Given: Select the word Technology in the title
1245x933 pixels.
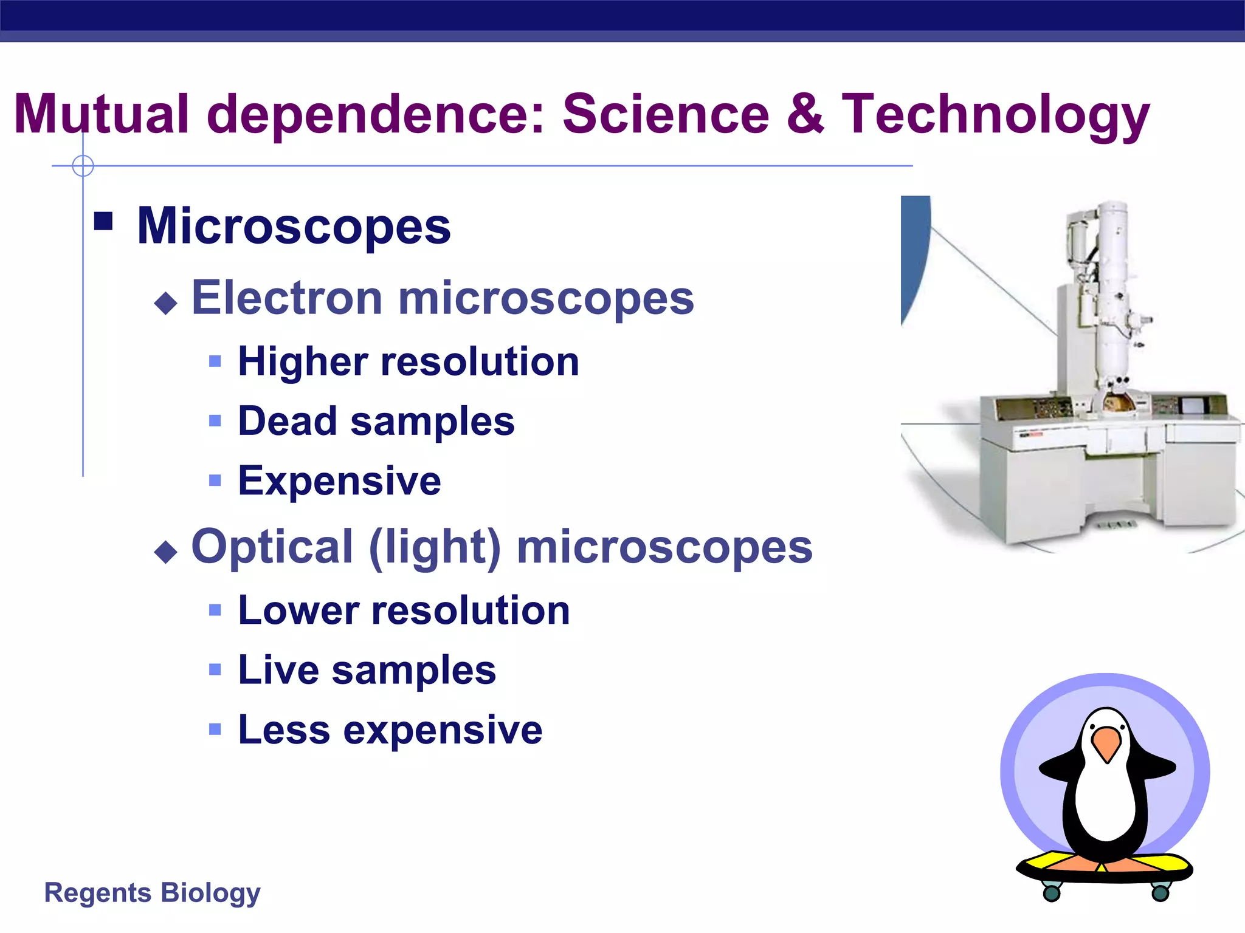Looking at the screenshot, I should tap(995, 114).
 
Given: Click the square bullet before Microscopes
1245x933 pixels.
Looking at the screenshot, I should tap(104, 222).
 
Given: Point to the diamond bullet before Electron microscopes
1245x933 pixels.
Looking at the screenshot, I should tap(166, 302).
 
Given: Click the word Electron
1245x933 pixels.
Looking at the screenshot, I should tap(287, 298).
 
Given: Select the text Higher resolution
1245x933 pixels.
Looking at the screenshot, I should tap(408, 362).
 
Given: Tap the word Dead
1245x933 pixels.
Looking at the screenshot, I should tap(287, 421).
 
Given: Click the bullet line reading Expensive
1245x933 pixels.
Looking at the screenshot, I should tap(339, 481).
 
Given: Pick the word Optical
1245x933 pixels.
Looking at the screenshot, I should tap(272, 547).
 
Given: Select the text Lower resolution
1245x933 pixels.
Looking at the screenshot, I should tap(404, 610).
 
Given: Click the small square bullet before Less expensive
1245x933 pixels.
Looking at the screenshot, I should tap(215, 729).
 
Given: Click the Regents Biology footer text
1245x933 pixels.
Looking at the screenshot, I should tap(152, 893).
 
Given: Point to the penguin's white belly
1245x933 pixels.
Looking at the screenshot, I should tap(1105, 802).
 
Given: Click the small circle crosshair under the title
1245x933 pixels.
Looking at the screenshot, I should tap(83, 165).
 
